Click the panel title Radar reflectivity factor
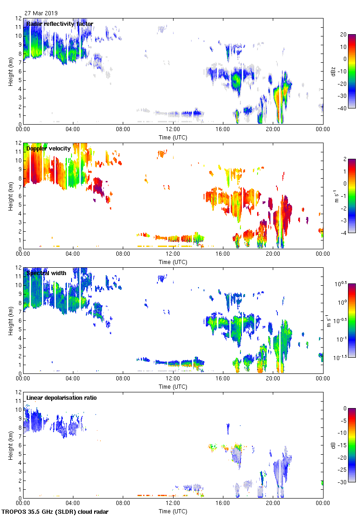[60, 24]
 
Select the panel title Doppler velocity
[48, 149]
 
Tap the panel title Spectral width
[46, 273]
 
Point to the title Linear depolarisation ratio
[61, 398]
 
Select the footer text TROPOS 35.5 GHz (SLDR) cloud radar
[55, 512]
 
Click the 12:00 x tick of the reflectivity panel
[173, 130]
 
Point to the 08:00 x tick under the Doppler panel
[123, 254]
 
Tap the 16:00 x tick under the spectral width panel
[222, 379]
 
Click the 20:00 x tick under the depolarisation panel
[272, 504]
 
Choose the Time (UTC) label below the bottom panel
[173, 511]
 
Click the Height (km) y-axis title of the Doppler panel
[10, 196]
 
